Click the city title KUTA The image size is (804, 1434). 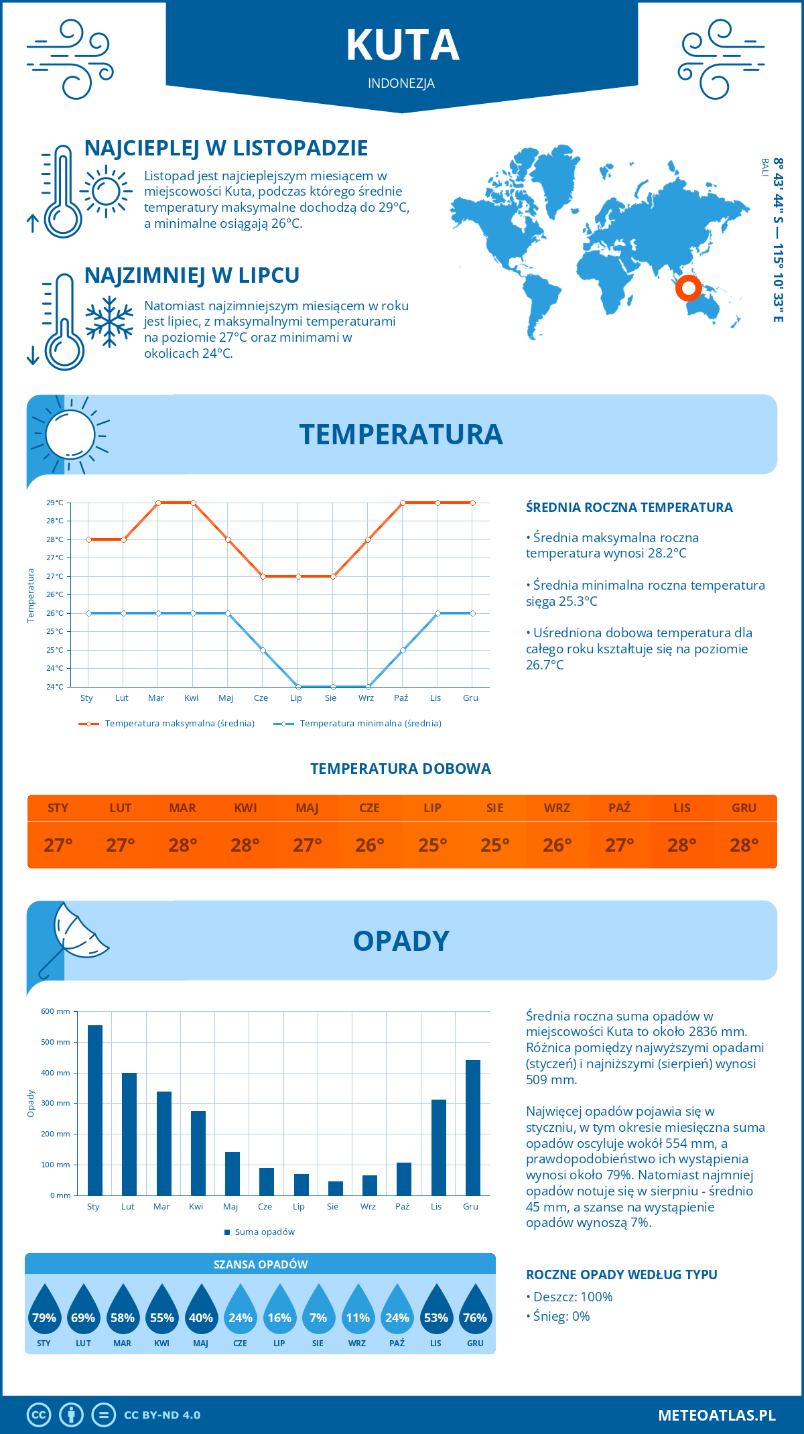point(402,46)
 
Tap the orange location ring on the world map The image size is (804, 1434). point(688,288)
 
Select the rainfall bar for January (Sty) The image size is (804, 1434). point(95,1110)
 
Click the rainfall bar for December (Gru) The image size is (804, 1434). point(473,1127)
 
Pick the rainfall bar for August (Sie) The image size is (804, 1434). point(336,1188)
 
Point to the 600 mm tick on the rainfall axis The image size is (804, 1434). point(56,1011)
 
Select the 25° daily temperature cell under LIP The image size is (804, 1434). point(432,845)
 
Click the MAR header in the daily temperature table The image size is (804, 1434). point(182,808)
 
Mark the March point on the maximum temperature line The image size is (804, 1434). point(159,503)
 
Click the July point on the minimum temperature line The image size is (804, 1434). point(298,687)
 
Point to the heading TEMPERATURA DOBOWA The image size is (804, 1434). point(401,769)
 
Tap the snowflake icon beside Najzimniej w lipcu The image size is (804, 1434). point(109,322)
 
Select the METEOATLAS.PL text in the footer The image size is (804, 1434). point(716,1415)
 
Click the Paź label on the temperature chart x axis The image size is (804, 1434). point(401,698)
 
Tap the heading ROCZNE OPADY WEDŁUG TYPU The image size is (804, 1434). point(621,1275)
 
